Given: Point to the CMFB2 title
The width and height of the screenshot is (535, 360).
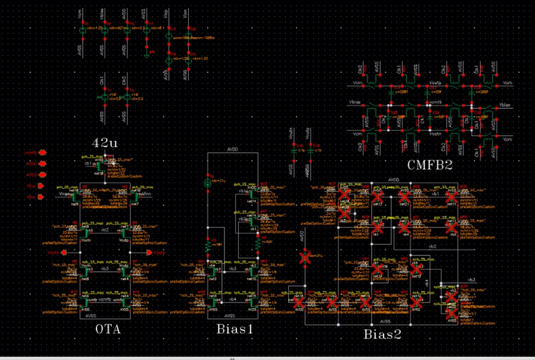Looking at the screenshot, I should (432, 165).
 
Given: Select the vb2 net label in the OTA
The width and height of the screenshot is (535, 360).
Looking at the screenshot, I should (105, 229).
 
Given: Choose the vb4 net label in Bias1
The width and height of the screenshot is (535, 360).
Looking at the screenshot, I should (233, 299).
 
